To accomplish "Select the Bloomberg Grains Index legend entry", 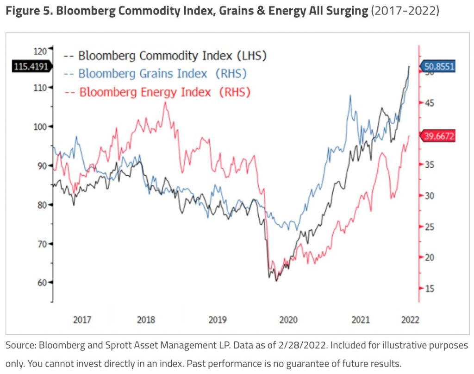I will click(x=156, y=74).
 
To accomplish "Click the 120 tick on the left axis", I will click(x=41, y=51).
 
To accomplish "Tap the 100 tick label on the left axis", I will click(x=41, y=127).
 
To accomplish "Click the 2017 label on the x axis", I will click(x=82, y=320).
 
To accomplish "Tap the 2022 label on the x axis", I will click(x=410, y=320).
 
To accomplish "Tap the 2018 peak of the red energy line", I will click(x=165, y=102).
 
